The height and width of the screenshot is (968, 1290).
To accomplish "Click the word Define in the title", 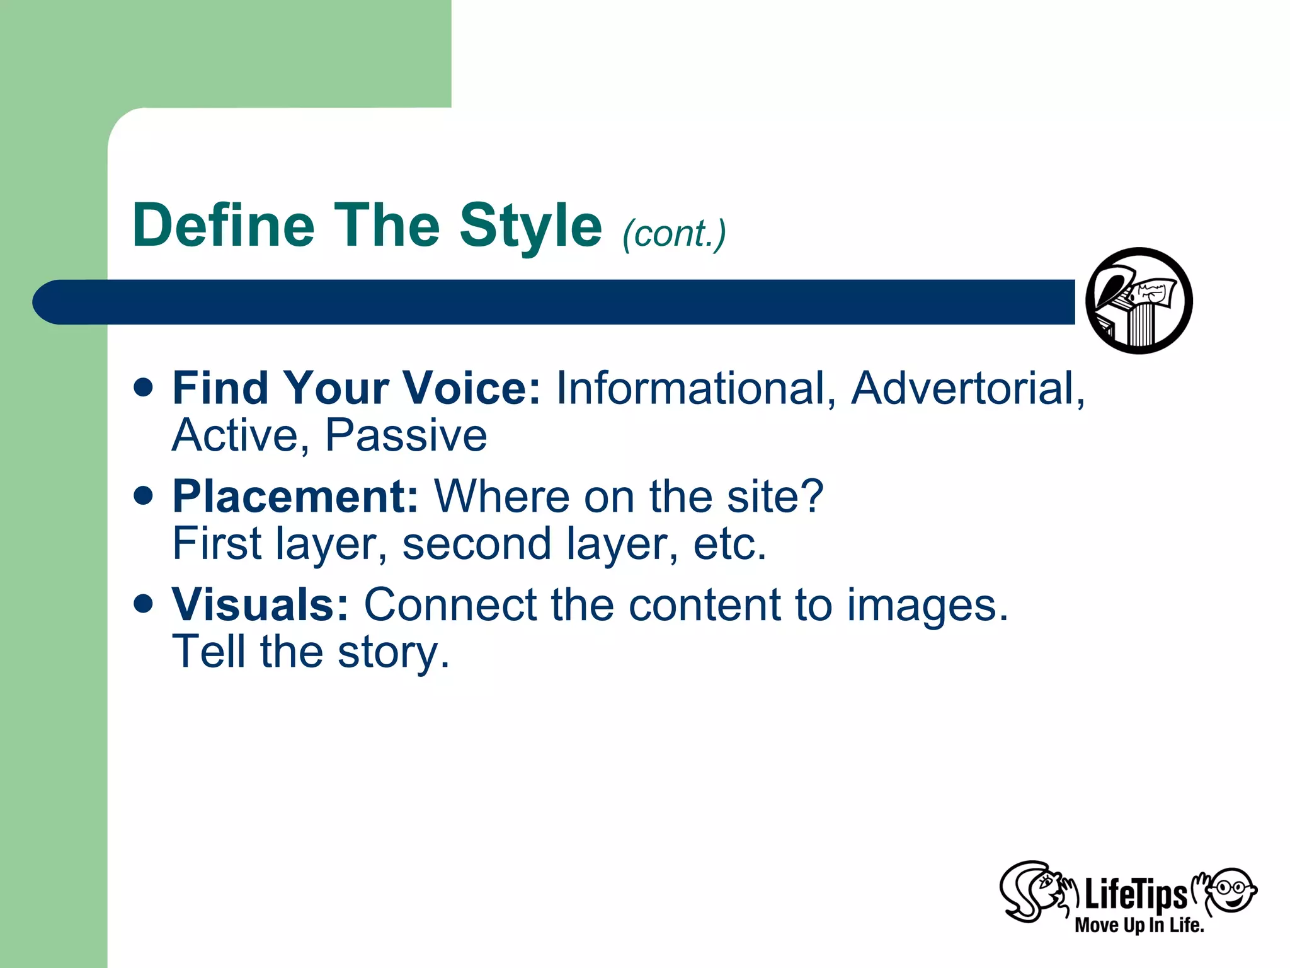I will point(224,226).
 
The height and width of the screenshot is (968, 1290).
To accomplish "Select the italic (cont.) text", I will point(674,234).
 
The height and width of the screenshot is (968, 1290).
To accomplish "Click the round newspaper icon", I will point(1139,301).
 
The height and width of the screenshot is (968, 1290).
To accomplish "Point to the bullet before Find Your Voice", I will point(144,387).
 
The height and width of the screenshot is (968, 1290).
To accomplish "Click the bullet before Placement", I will point(144,495).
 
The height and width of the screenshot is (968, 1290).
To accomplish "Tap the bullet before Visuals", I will point(144,604).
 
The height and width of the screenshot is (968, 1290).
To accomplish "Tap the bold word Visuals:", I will point(260,604).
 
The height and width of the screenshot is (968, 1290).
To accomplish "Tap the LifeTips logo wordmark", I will point(1135,894).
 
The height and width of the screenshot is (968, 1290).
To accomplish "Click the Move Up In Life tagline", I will point(1139,925).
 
